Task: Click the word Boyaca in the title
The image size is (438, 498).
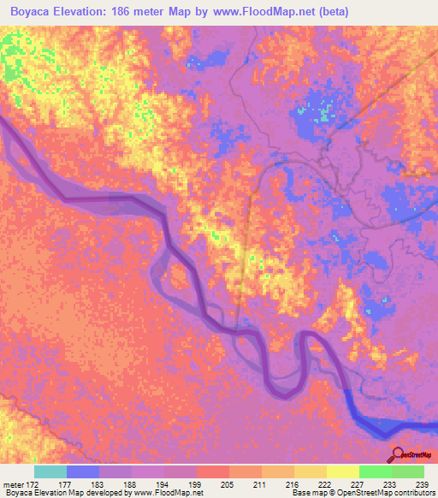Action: click(x=33, y=9)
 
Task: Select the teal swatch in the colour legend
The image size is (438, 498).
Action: click(x=50, y=471)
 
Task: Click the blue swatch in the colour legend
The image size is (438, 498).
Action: click(x=83, y=471)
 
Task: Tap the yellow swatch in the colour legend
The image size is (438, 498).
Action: click(x=343, y=471)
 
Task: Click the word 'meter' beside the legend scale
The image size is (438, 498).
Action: click(x=14, y=483)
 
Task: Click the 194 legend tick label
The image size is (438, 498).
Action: click(x=167, y=483)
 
